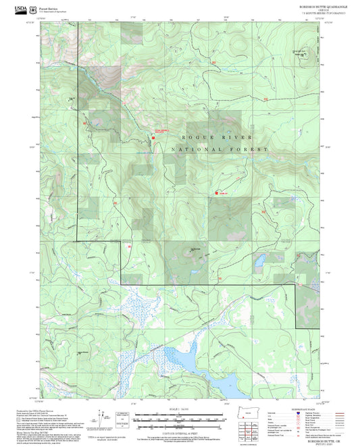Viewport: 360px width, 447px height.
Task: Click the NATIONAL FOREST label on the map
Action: point(220,149)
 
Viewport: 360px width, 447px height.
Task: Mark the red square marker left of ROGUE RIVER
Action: point(154,137)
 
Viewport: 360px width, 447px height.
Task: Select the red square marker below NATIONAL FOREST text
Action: point(215,193)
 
